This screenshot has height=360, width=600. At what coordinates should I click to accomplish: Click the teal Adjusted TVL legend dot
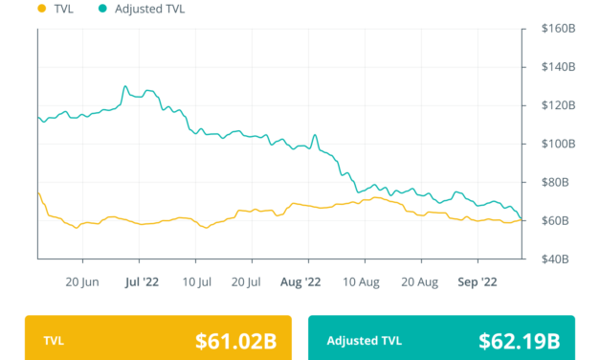102,9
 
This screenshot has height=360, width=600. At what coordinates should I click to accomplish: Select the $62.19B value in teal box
520,340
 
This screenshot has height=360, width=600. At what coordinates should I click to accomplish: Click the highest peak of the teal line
124,87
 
